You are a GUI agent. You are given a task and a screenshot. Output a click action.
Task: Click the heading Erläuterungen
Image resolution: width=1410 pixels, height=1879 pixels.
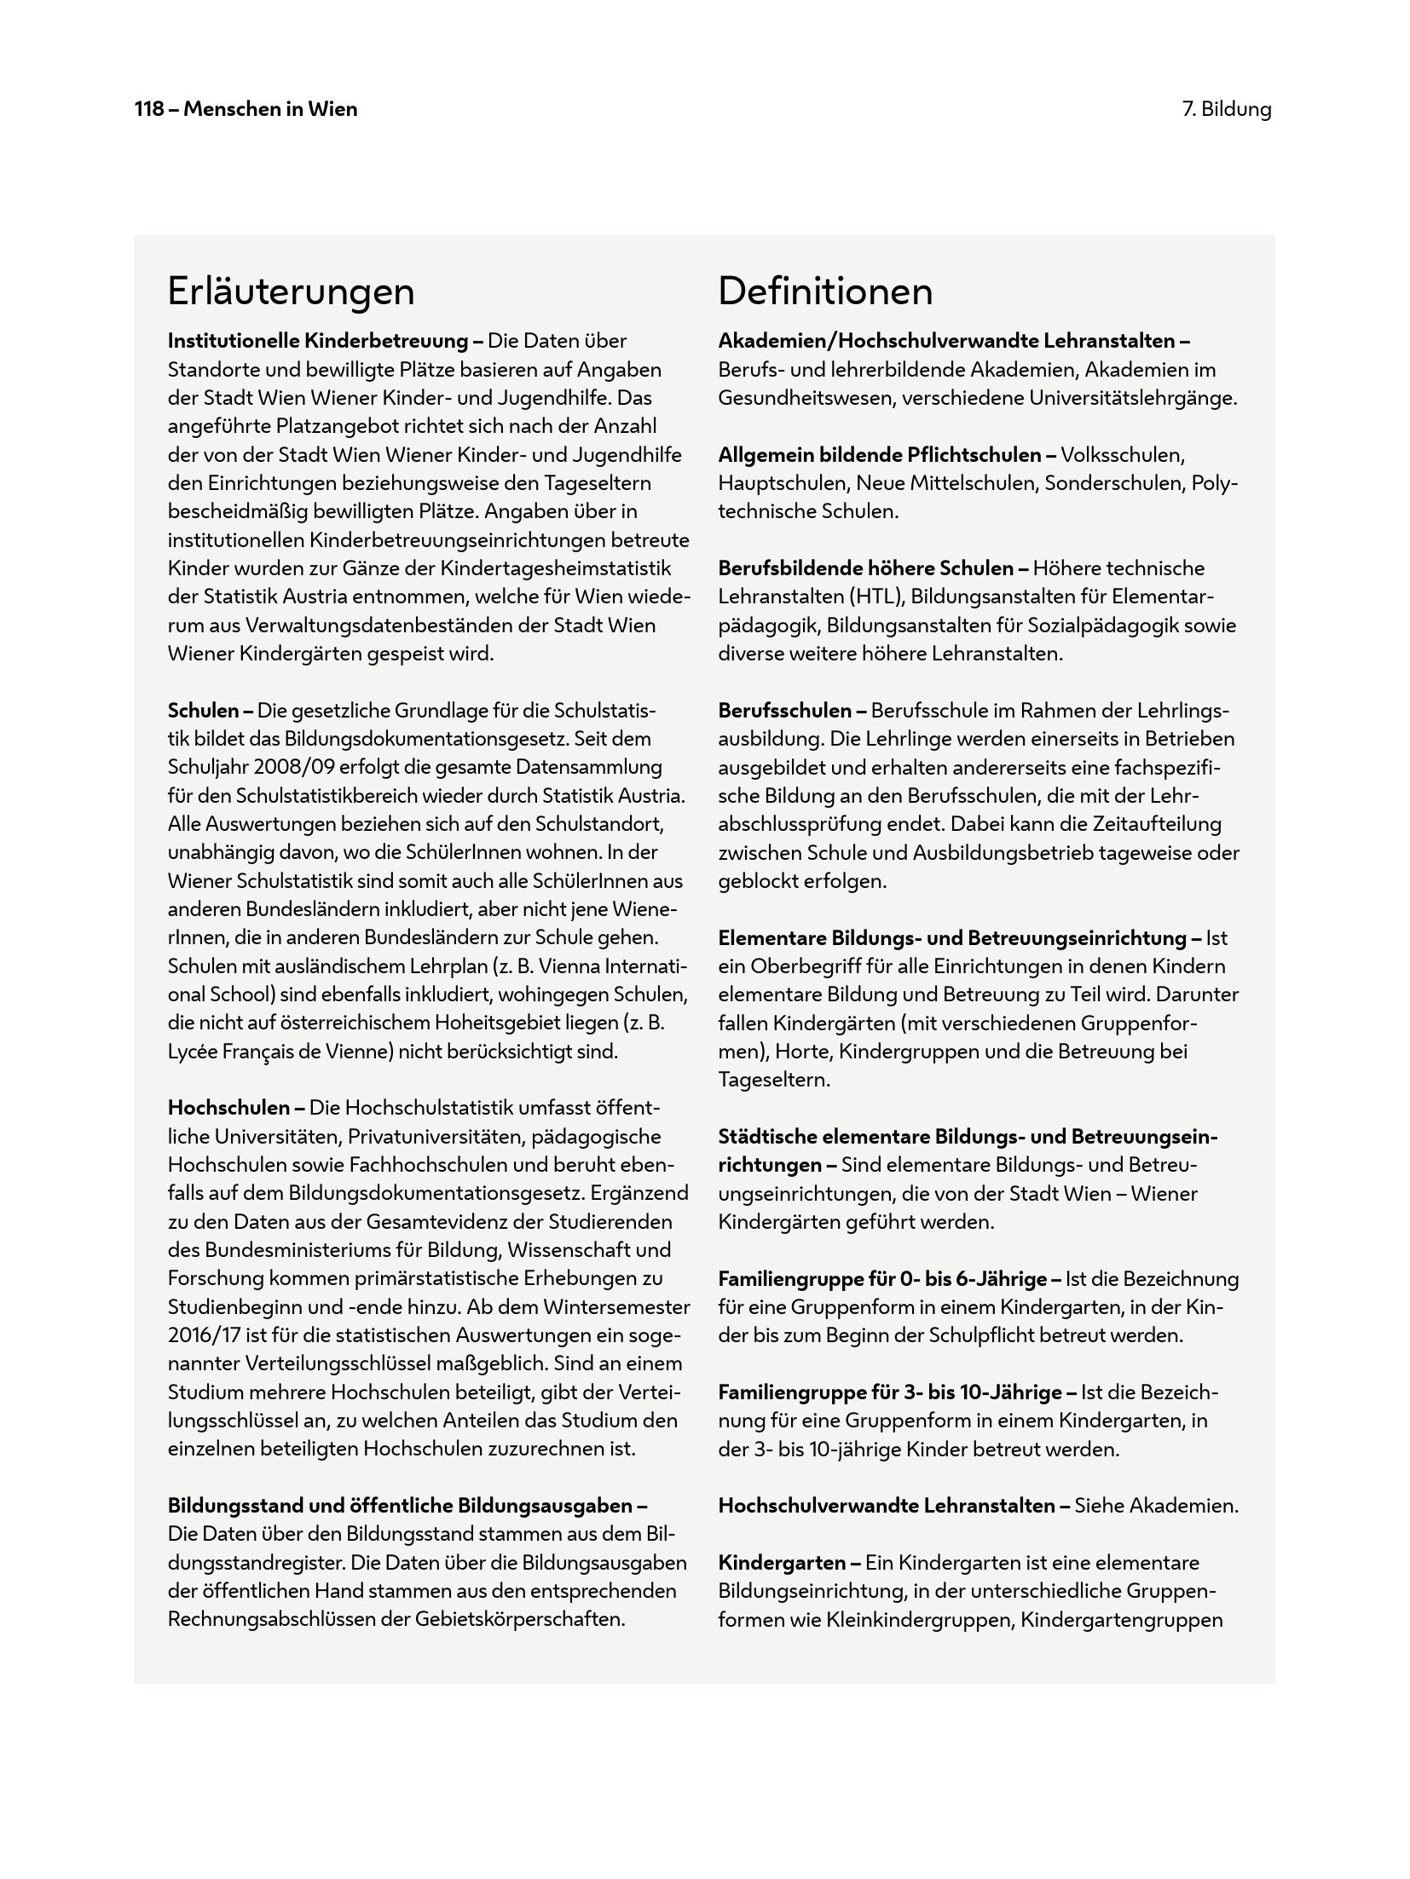(291, 291)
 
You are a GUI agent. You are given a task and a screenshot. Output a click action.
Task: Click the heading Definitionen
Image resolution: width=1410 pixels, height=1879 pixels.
(824, 291)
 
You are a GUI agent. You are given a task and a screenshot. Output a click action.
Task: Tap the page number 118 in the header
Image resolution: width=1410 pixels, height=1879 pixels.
(149, 109)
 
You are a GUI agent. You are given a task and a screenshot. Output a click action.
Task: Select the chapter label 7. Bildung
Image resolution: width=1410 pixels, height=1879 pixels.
(1226, 109)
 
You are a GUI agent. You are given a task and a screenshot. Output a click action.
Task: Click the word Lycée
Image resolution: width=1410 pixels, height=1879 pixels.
(193, 1051)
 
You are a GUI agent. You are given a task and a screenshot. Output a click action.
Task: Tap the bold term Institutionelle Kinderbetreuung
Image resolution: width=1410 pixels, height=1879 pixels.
(318, 341)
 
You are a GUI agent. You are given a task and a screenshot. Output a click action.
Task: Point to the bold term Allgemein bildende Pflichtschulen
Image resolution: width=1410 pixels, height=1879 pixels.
(879, 454)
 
